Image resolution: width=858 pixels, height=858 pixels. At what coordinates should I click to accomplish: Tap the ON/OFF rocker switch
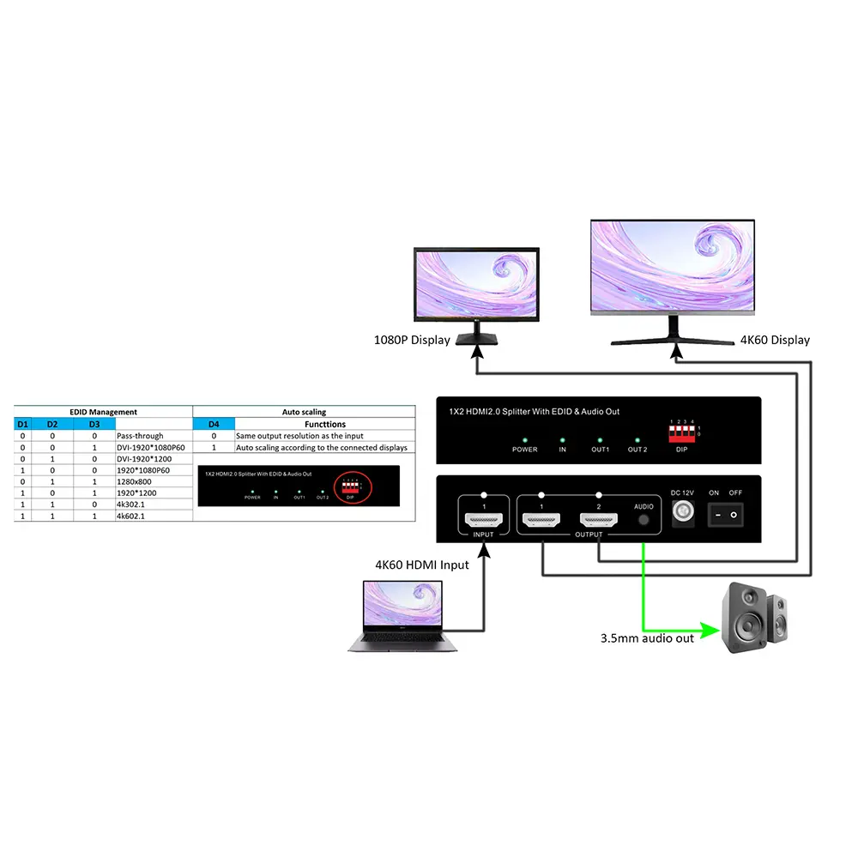pyautogui.click(x=725, y=514)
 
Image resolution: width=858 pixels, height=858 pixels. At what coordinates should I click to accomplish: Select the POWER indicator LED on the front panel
pyautogui.click(x=524, y=440)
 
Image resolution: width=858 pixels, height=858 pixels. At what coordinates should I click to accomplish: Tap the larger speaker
pyautogui.click(x=746, y=618)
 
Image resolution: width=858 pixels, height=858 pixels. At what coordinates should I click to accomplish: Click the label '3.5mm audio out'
pyautogui.click(x=647, y=638)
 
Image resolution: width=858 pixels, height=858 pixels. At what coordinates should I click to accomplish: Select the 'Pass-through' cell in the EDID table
pyautogui.click(x=140, y=436)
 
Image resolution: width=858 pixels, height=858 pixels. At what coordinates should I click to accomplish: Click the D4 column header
pyautogui.click(x=214, y=424)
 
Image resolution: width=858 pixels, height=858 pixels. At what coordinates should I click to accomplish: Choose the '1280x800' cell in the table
pyautogui.click(x=134, y=482)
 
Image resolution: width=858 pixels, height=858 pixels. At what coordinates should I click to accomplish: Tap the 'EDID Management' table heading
pyautogui.click(x=103, y=412)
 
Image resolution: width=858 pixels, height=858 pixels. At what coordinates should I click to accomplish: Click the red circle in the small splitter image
pyautogui.click(x=350, y=487)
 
